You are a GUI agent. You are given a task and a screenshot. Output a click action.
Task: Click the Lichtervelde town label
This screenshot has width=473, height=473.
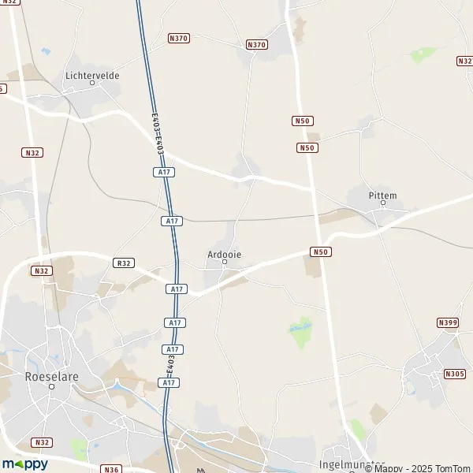[x=93, y=76]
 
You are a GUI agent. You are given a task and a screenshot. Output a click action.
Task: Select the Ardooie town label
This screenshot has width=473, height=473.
[x=224, y=254]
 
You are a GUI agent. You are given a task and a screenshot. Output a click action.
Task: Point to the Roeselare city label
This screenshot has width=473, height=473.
[x=52, y=377]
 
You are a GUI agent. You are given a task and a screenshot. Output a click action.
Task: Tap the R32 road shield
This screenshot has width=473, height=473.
[x=123, y=263]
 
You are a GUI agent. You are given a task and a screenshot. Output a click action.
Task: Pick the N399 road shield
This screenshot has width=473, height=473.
[x=447, y=322]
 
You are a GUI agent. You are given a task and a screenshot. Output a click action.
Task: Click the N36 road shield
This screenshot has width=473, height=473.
[x=111, y=469]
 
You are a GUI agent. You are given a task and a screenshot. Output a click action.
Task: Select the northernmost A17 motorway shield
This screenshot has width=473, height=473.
[x=164, y=171]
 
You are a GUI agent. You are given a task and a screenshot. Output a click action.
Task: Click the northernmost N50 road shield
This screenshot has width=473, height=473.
[x=302, y=121]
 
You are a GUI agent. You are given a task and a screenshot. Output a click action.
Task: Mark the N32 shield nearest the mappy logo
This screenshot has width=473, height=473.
[x=42, y=442]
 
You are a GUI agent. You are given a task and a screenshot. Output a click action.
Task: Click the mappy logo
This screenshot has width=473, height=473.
[x=24, y=464]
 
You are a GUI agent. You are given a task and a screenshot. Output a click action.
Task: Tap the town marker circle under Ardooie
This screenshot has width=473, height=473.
[x=224, y=263]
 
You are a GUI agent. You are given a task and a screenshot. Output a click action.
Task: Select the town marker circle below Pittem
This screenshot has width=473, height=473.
[x=383, y=203]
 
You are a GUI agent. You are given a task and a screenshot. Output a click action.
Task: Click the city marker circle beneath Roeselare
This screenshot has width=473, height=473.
[x=52, y=386]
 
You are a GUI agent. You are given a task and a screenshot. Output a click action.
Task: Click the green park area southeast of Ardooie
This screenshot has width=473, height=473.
[x=300, y=333]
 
